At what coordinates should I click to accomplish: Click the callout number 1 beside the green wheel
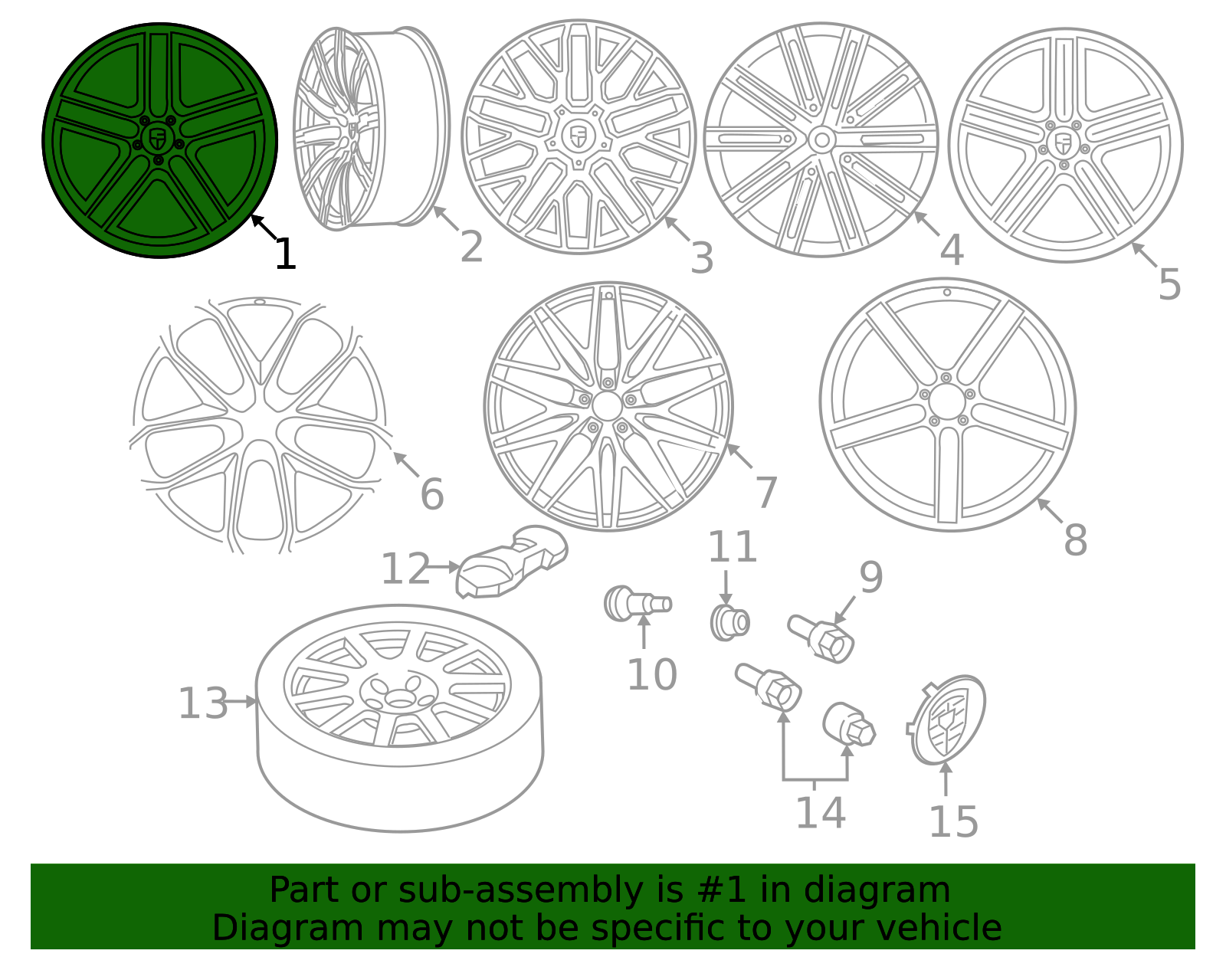[x=285, y=254]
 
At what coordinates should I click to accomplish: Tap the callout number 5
[x=1169, y=284]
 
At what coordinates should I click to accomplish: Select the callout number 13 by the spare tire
[x=203, y=703]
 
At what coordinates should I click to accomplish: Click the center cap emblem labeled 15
[x=949, y=720]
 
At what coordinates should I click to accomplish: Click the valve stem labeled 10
[x=636, y=603]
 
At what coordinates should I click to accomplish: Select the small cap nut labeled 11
[x=729, y=621]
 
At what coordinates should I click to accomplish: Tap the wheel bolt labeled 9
[x=822, y=637]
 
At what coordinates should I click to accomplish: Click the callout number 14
[x=820, y=813]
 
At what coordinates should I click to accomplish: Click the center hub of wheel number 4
[x=821, y=140]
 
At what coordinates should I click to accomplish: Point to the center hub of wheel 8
[x=947, y=401]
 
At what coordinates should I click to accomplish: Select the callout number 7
[x=765, y=491]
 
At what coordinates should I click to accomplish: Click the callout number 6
[x=431, y=494]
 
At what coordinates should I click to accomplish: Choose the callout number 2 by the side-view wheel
[x=471, y=247]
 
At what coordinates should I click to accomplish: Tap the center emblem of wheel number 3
[x=579, y=136]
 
